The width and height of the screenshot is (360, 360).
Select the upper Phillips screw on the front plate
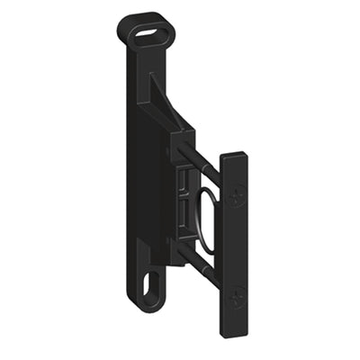click(237, 193)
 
